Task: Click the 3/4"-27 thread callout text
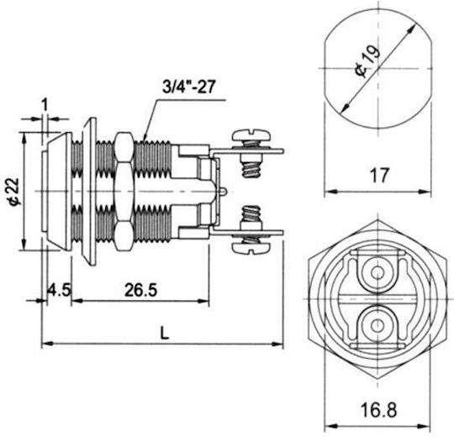pyautogui.click(x=189, y=87)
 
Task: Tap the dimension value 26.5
pyautogui.click(x=140, y=290)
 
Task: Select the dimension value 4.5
pyautogui.click(x=60, y=290)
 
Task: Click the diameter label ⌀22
pyautogui.click(x=13, y=192)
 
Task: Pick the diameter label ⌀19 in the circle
pyautogui.click(x=367, y=61)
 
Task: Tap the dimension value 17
pyautogui.click(x=378, y=175)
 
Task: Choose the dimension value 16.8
pyautogui.click(x=378, y=410)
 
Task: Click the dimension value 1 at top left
pyautogui.click(x=45, y=104)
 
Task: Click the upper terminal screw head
pyautogui.click(x=251, y=134)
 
